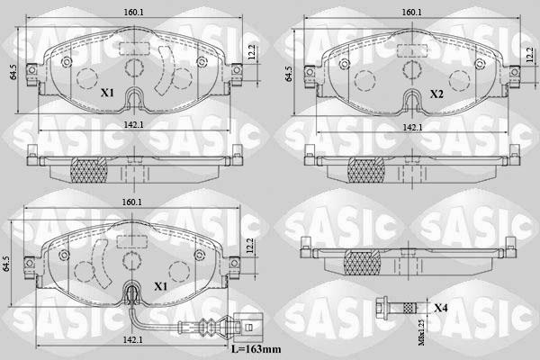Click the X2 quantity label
(x=436, y=93)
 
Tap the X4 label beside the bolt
(x=440, y=308)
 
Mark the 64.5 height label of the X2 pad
(x=288, y=73)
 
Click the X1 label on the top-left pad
(x=107, y=93)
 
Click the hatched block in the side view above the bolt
(x=363, y=262)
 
